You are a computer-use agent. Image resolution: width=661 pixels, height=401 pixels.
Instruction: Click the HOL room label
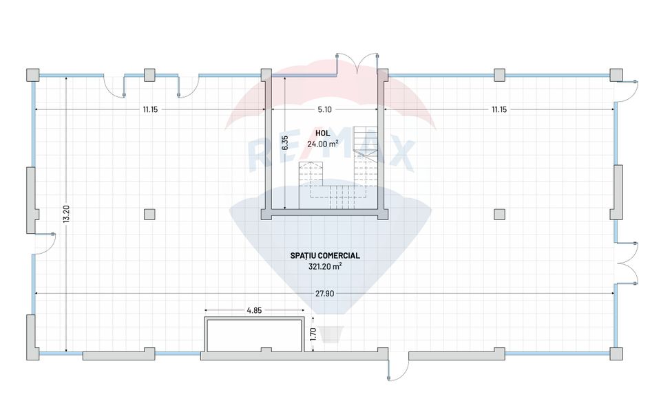pyautogui.click(x=322, y=133)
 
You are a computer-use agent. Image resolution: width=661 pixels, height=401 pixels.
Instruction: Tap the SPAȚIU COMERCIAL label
pyautogui.click(x=325, y=256)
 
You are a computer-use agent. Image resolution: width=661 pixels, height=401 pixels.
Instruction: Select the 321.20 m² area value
pyautogui.click(x=325, y=266)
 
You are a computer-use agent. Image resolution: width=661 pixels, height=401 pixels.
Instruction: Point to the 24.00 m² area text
pyautogui.click(x=322, y=144)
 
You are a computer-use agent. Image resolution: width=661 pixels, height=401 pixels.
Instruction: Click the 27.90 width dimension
pyautogui.click(x=324, y=293)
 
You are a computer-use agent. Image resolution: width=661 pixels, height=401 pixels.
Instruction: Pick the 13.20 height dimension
pyautogui.click(x=66, y=214)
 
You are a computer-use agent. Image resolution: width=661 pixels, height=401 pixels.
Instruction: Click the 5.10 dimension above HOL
pyautogui.click(x=324, y=109)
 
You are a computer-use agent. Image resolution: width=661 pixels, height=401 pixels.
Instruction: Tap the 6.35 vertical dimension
pyautogui.click(x=285, y=143)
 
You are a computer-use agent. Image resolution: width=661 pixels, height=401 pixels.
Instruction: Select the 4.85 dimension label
pyautogui.click(x=254, y=310)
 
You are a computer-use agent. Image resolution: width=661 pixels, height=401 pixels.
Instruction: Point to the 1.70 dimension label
pyautogui.click(x=313, y=334)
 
